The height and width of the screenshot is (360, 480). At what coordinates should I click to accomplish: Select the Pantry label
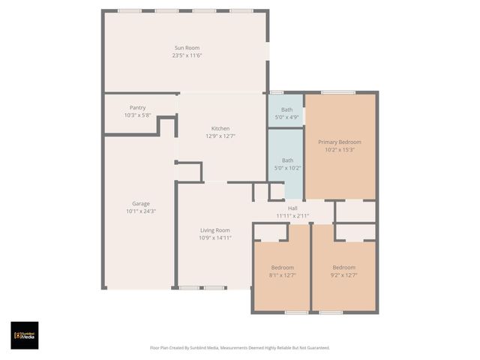coord(137,107)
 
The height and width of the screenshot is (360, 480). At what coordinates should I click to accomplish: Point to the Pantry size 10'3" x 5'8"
coord(137,115)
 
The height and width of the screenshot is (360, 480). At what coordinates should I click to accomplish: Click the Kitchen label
coord(220,128)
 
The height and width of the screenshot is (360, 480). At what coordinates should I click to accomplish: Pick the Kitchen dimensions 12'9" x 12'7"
coord(220,136)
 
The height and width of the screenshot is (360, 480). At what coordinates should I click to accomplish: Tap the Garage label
coord(141,203)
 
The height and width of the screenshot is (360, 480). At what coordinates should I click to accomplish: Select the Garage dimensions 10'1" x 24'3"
coord(141,211)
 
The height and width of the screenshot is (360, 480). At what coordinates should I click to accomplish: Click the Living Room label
coord(214,230)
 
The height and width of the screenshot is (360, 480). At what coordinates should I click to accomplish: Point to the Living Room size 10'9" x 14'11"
coord(214,238)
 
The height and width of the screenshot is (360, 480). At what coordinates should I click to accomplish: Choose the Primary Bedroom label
coord(339,142)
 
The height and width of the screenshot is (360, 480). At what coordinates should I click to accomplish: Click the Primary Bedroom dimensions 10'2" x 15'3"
coord(339,149)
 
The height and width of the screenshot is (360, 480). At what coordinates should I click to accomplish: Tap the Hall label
coord(292,208)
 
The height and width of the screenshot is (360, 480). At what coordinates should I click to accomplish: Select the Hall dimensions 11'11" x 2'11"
coord(292,215)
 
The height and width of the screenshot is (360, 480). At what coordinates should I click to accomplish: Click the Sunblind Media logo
coord(25,335)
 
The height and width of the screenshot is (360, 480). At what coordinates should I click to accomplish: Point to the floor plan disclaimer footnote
coord(240,348)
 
